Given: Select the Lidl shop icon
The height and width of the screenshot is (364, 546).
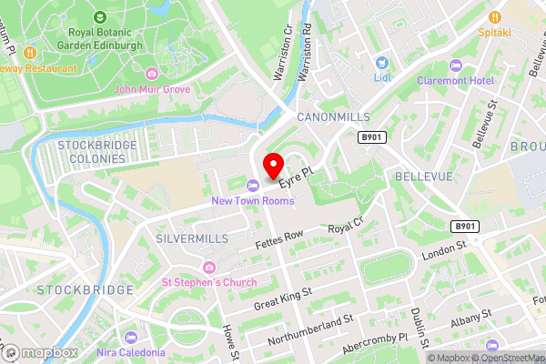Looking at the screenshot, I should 382,63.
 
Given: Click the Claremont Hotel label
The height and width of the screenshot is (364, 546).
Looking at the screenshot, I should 455,80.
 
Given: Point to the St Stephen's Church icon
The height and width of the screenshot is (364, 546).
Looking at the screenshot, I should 209,267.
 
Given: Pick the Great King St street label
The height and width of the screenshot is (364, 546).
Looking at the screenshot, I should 283,298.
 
